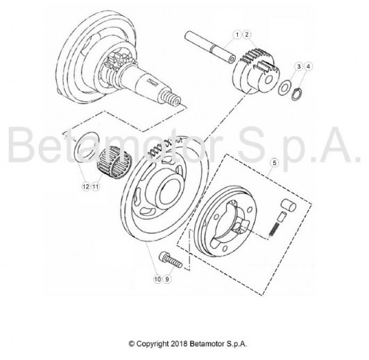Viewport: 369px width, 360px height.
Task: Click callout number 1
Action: (237, 35)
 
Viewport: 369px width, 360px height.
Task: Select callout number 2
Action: (247, 35)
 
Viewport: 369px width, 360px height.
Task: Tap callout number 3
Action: (299, 67)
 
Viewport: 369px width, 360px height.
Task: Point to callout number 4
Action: (308, 67)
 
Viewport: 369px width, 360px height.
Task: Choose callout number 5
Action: (275, 163)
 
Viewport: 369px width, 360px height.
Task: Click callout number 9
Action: (167, 279)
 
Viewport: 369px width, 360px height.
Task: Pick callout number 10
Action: (157, 279)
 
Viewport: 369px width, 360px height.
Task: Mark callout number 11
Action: (95, 180)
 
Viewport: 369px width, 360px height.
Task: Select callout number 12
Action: (86, 180)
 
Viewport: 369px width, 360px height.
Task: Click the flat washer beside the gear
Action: (284, 88)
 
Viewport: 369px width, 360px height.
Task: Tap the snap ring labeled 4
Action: (297, 94)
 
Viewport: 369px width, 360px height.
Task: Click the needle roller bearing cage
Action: (114, 162)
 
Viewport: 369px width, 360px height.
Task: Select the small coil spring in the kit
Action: (275, 230)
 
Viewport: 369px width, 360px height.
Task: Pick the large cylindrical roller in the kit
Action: (289, 205)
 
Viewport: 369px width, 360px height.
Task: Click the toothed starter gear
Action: (255, 71)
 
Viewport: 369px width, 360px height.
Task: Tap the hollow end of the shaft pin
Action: (231, 59)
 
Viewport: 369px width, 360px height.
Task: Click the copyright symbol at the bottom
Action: (132, 344)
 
